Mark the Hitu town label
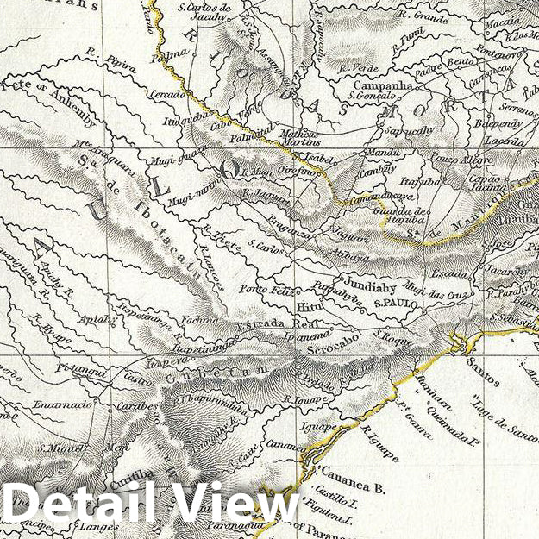coord(308,305)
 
